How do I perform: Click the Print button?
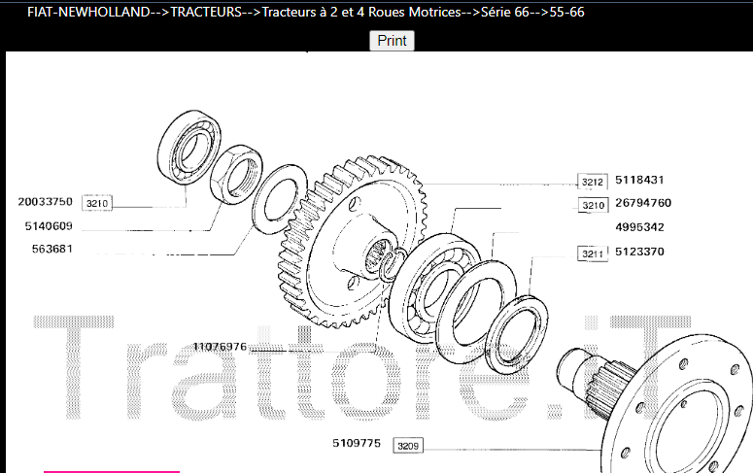(x=392, y=41)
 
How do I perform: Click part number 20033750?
(x=45, y=202)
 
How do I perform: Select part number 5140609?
(x=49, y=225)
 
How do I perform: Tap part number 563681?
(x=51, y=249)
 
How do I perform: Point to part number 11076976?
(x=220, y=346)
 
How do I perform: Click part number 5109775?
(x=357, y=443)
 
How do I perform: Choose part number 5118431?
(x=639, y=180)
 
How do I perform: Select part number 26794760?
(x=643, y=203)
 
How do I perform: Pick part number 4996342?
(x=639, y=226)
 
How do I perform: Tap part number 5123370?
(x=639, y=252)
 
